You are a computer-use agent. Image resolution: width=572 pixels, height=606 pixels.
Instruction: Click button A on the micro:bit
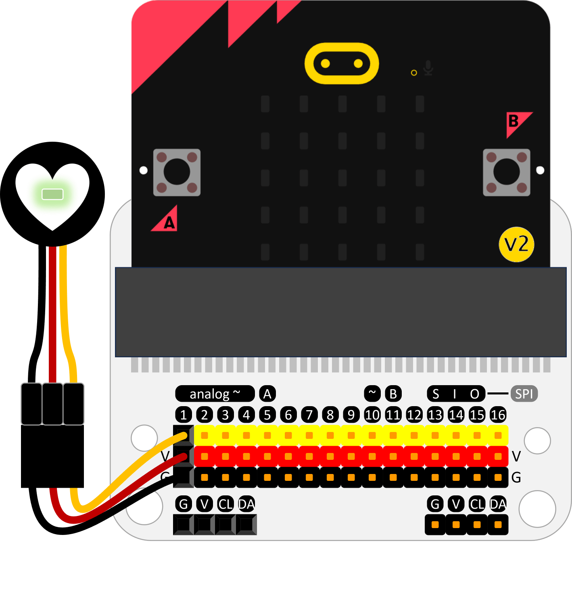coord(177,172)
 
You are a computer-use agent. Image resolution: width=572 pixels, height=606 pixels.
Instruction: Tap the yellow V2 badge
coord(516,244)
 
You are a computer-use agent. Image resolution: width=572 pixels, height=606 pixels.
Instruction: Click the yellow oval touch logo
coord(342,63)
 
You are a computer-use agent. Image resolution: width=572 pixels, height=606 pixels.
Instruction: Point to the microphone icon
coord(428,68)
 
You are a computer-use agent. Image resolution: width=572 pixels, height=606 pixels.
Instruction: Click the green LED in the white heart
coord(53,194)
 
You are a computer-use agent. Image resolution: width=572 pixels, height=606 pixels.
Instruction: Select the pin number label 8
coord(330,415)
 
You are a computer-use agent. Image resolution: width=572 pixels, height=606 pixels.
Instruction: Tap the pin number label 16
coord(498,415)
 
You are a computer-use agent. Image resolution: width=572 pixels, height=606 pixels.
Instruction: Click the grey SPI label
coord(524,394)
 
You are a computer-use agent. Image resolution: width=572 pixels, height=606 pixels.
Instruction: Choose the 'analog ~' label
coord(215,394)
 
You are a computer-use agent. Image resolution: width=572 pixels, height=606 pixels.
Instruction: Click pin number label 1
coord(184,415)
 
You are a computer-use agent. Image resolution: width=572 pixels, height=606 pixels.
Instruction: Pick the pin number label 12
coord(414,415)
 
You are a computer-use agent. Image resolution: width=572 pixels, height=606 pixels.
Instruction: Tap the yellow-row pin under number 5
coord(267,435)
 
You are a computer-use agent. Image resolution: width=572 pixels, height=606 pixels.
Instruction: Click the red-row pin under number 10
coord(372,456)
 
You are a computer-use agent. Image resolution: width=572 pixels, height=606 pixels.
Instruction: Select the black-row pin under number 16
coord(498,477)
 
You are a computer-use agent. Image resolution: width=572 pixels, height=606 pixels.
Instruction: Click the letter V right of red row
coord(516,456)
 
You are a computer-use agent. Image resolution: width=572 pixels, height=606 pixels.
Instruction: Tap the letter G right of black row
coord(516,478)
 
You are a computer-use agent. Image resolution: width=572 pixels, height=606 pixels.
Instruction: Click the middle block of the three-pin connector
coord(52,404)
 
